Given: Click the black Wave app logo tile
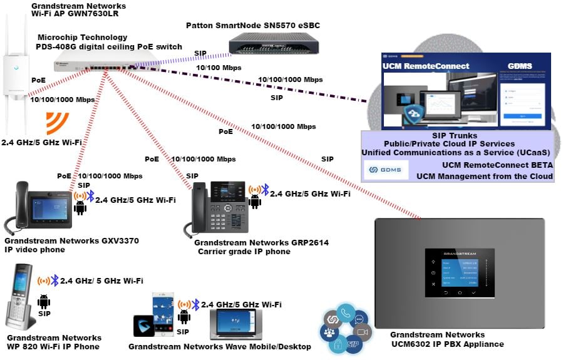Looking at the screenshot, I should point(145,326).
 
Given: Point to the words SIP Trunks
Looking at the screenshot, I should point(455,135).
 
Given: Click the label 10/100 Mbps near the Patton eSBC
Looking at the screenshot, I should point(219,68).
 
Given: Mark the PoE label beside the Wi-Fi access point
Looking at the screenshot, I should point(38,80).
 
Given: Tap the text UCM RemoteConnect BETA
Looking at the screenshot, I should point(497,165).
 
